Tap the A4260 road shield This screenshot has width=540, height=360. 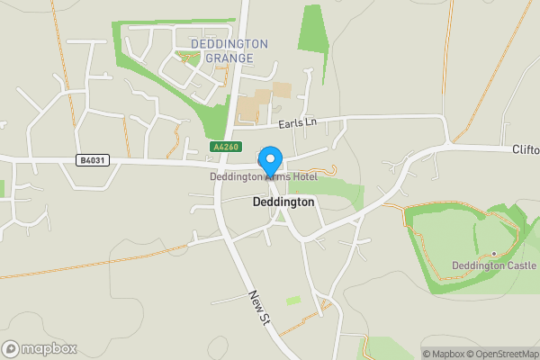pos(225,146)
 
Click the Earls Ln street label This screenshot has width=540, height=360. pos(299,121)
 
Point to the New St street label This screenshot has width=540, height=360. pos(260,308)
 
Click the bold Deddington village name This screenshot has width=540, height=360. pos(283,202)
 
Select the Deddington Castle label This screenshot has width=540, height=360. pos(493,266)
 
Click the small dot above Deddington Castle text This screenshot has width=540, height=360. pos(493,253)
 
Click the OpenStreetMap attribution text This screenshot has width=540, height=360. pos(502,354)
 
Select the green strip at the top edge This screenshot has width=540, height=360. pos(312,27)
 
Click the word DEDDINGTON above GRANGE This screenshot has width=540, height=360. pos(229,43)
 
